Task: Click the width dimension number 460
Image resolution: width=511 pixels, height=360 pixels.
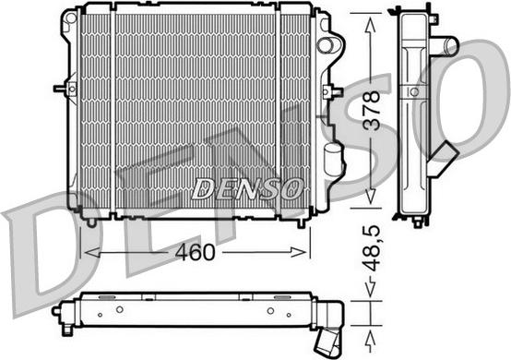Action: [x=195, y=249]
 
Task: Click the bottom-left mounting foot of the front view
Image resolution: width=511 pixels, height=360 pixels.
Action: [x=90, y=220]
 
